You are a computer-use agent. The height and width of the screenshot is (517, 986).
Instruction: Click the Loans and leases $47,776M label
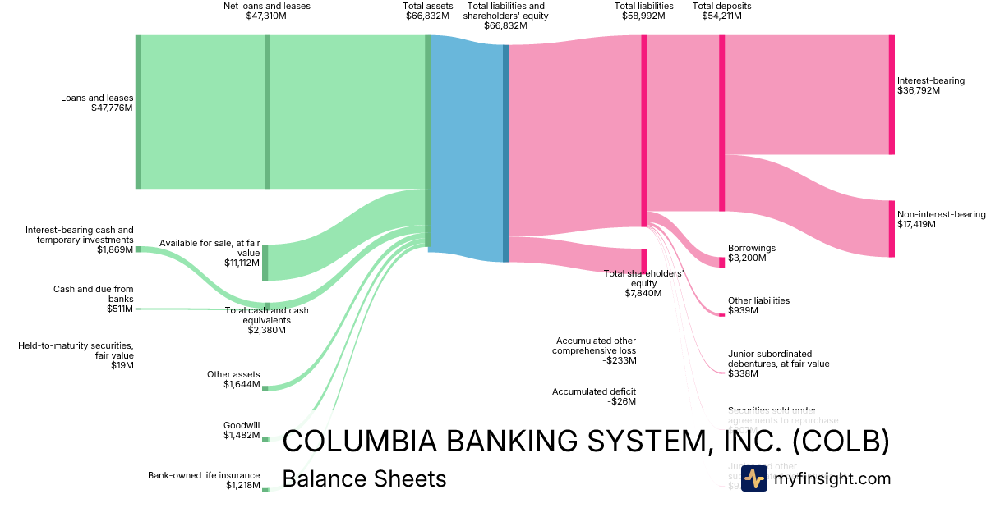[96, 103]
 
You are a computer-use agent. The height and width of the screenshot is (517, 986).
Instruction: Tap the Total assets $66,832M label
[427, 11]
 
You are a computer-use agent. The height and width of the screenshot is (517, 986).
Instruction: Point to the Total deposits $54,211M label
[721, 11]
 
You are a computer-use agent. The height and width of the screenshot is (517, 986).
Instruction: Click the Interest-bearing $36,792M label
[930, 85]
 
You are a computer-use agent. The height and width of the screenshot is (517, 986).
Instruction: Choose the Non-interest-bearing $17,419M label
[941, 219]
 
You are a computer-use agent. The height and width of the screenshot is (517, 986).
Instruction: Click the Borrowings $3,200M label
[751, 253]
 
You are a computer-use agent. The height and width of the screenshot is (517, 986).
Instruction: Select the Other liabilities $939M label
[758, 305]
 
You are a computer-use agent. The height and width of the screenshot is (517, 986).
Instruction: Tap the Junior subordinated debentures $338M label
[778, 363]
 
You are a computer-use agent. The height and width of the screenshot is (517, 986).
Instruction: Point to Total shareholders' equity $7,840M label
[643, 282]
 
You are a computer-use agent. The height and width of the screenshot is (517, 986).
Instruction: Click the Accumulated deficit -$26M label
[593, 396]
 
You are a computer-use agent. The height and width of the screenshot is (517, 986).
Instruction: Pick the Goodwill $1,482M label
[242, 430]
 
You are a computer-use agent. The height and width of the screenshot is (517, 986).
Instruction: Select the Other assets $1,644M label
[233, 379]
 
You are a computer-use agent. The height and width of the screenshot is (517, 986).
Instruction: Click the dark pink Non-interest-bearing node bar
[892, 228]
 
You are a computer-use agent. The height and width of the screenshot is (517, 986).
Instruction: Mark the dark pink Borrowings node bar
[722, 262]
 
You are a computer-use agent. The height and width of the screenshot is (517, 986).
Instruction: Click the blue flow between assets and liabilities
[466, 148]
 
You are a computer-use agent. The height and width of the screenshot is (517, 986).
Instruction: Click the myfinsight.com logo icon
[753, 478]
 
